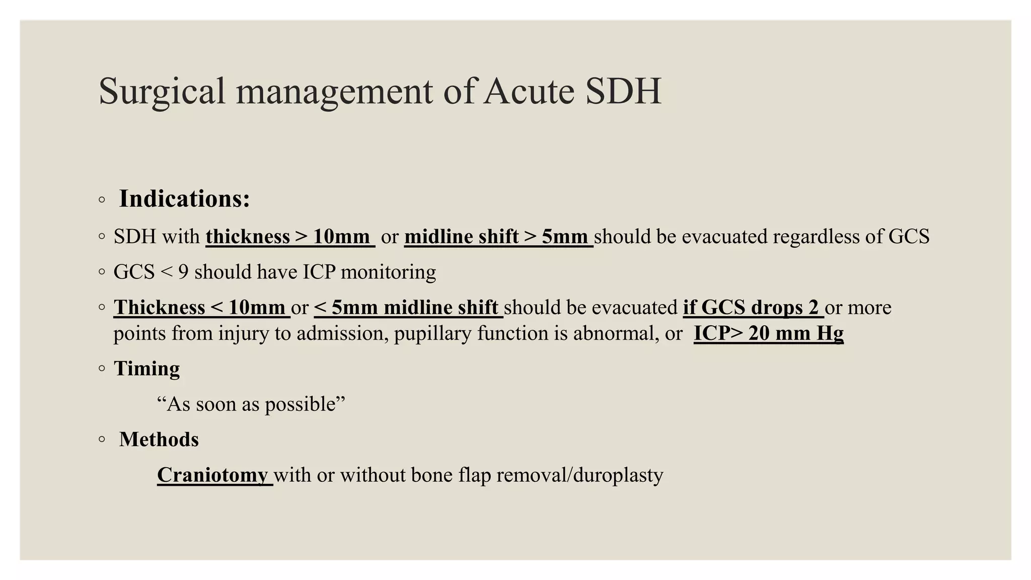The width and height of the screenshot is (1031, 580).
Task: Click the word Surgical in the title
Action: coord(162,92)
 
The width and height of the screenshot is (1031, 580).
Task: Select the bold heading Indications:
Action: coord(184,199)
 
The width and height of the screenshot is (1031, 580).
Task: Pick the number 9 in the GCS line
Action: coord(183,272)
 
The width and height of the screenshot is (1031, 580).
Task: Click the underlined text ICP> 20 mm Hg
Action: coord(768,333)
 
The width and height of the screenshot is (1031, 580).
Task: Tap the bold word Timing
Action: coord(146,369)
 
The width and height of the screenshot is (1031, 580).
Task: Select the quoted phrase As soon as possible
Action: coord(251,404)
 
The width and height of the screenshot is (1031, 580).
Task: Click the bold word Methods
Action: coord(159,440)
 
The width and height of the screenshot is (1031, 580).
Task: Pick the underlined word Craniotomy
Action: coord(212,475)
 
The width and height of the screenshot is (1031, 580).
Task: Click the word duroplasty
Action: coord(618,475)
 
